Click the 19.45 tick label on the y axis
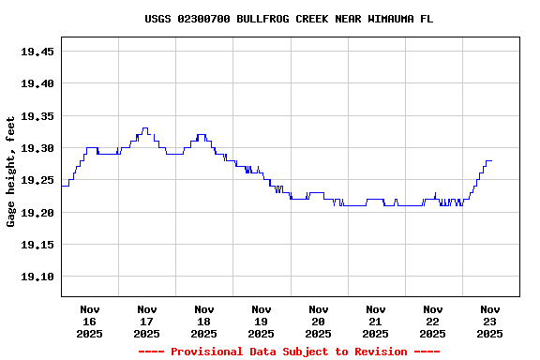37,52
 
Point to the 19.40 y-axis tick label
37,83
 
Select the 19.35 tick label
37,116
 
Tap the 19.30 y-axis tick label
37,148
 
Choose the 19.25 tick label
37,180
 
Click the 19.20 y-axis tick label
37,213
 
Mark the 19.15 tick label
37,245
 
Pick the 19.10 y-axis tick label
37,277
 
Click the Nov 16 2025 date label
90,321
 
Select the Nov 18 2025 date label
204,321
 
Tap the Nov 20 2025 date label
319,321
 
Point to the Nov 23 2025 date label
489,321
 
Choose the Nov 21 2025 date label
376,321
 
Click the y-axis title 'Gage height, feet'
11,172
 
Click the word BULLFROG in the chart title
262,19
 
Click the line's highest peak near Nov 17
144,128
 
